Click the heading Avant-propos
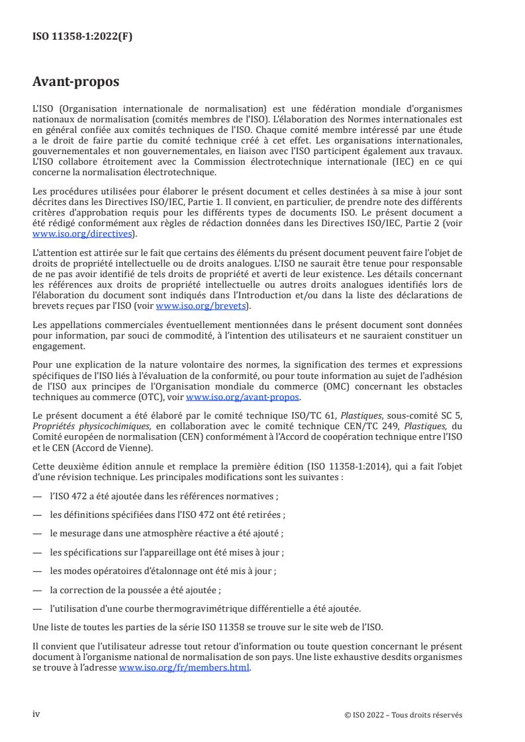pos(75,82)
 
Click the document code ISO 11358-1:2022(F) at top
pos(82,37)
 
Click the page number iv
pos(37,714)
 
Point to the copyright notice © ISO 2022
pos(403,715)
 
